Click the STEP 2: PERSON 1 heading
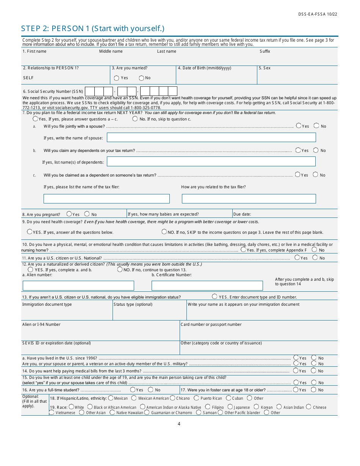click(x=92, y=29)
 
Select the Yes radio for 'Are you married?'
click(x=117, y=78)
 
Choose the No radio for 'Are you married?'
click(x=141, y=78)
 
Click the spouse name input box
click(x=211, y=138)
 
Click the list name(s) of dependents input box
click(x=211, y=162)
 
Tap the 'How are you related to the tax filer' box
click(x=249, y=199)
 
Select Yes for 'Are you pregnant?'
click(x=69, y=214)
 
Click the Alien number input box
click(x=78, y=286)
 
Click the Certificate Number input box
click(x=207, y=286)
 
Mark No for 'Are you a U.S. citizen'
click(x=315, y=258)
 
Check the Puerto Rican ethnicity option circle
click(x=196, y=398)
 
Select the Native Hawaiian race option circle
click(x=112, y=413)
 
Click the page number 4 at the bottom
click(x=179, y=424)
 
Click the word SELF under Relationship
click(x=28, y=78)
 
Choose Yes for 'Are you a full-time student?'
click(x=133, y=389)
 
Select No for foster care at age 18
click(x=314, y=389)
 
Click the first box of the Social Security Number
click(x=90, y=91)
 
